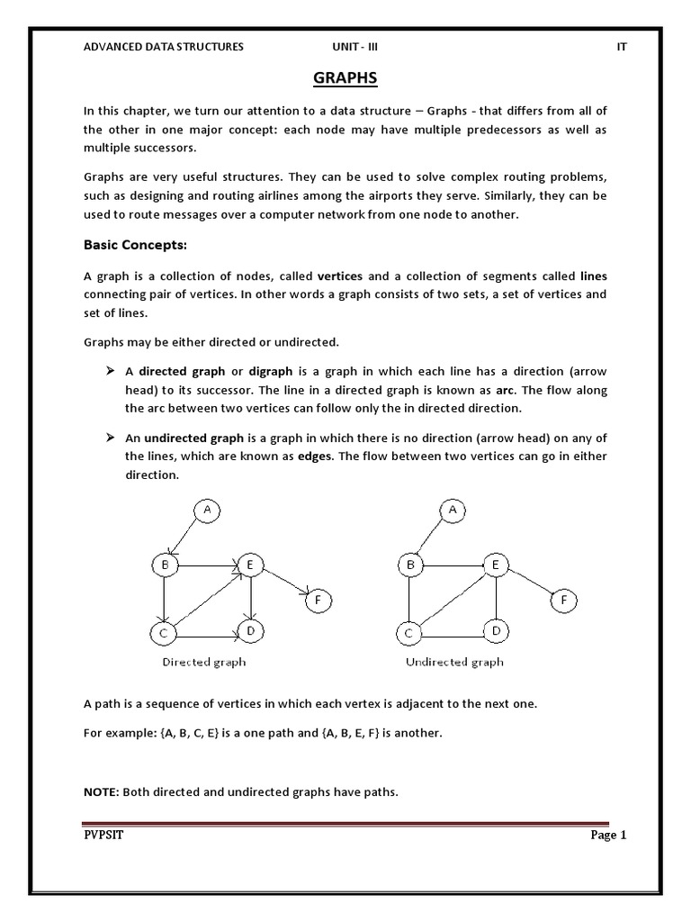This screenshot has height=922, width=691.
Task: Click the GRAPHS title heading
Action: (345, 79)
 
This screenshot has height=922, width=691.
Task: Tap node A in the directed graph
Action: (207, 511)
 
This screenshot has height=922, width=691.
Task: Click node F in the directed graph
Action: (318, 600)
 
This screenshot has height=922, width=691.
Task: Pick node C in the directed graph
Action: (164, 634)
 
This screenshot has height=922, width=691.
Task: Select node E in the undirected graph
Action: (495, 565)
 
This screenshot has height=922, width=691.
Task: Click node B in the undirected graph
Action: (410, 565)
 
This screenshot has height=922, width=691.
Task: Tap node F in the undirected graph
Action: (563, 600)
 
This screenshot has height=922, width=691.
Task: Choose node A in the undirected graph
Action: (453, 511)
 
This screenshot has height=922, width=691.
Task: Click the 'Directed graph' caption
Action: (204, 662)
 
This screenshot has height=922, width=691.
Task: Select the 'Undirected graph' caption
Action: (454, 662)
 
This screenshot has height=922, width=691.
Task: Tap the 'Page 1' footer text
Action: (608, 835)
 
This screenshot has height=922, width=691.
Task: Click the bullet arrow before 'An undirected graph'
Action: (110, 438)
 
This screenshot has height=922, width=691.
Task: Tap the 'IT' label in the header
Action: (621, 47)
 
